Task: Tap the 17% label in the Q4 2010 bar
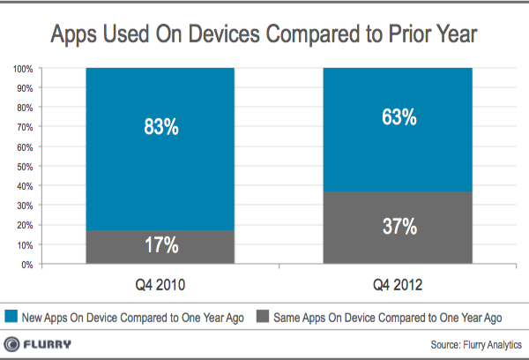[x=160, y=244]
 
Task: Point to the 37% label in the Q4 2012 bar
[x=398, y=228]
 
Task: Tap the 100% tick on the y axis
[x=22, y=69]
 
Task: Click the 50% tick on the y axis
[x=24, y=167]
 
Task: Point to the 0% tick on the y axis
[x=26, y=265]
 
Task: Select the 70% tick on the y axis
[x=24, y=127]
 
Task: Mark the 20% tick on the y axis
[x=24, y=225]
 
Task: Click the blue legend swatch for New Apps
[x=11, y=316]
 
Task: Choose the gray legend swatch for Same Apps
[x=261, y=316]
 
